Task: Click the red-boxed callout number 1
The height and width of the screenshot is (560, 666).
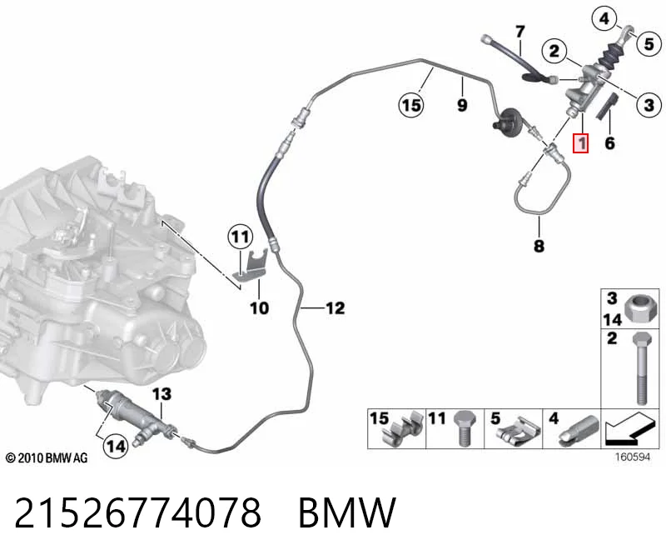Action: coord(580,142)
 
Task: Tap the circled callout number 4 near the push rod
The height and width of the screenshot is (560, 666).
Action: coord(604,18)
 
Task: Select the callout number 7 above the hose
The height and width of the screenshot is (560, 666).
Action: coord(520,32)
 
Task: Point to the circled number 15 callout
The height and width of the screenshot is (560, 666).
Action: coord(411,105)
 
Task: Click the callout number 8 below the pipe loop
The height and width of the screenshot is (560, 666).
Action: coord(539,246)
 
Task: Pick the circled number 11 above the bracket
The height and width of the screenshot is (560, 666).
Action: coord(241,237)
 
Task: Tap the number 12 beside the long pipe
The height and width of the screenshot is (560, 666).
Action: coord(335,307)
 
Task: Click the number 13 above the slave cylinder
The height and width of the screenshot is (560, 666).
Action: coord(162,393)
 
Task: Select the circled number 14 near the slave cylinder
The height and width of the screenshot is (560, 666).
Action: coord(116,446)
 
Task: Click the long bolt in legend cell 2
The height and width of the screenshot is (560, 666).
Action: coord(642,368)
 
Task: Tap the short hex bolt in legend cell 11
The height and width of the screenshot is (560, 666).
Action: coord(465,427)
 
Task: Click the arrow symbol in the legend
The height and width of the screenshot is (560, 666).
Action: coord(629,428)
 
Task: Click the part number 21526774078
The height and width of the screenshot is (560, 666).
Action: coord(137,512)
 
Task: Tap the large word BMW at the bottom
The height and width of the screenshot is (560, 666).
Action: coord(347,512)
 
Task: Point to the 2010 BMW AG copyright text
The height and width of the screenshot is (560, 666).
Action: coord(47,458)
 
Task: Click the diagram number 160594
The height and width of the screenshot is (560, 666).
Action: coord(633,457)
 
